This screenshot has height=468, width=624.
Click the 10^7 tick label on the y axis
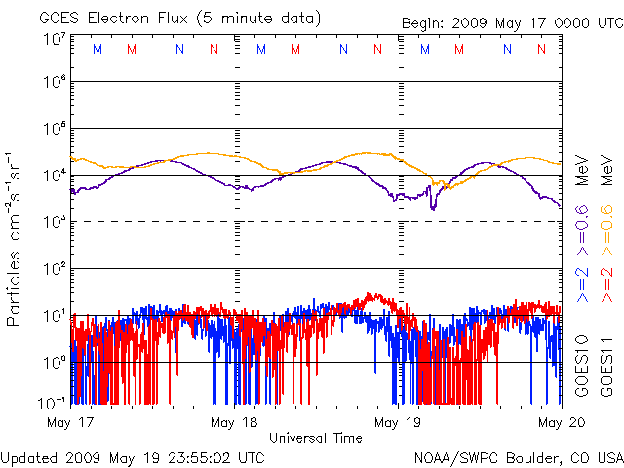click(x=54, y=40)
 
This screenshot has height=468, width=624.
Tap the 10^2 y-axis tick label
click(x=54, y=268)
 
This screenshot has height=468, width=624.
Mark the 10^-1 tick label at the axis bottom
click(x=51, y=403)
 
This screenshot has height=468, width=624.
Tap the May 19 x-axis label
click(x=399, y=422)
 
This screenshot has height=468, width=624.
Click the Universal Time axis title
click(x=316, y=438)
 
